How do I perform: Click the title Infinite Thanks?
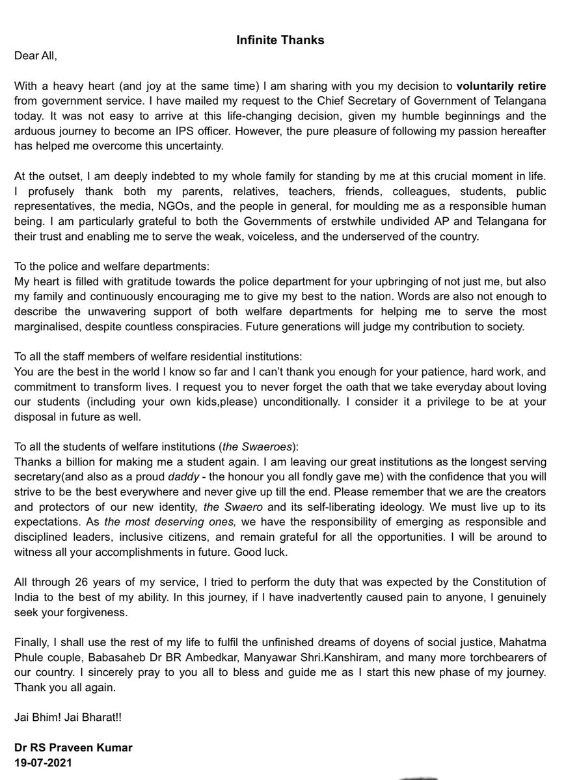pos(280,40)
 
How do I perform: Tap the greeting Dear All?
pos(36,55)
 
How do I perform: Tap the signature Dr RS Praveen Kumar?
pos(73,747)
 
